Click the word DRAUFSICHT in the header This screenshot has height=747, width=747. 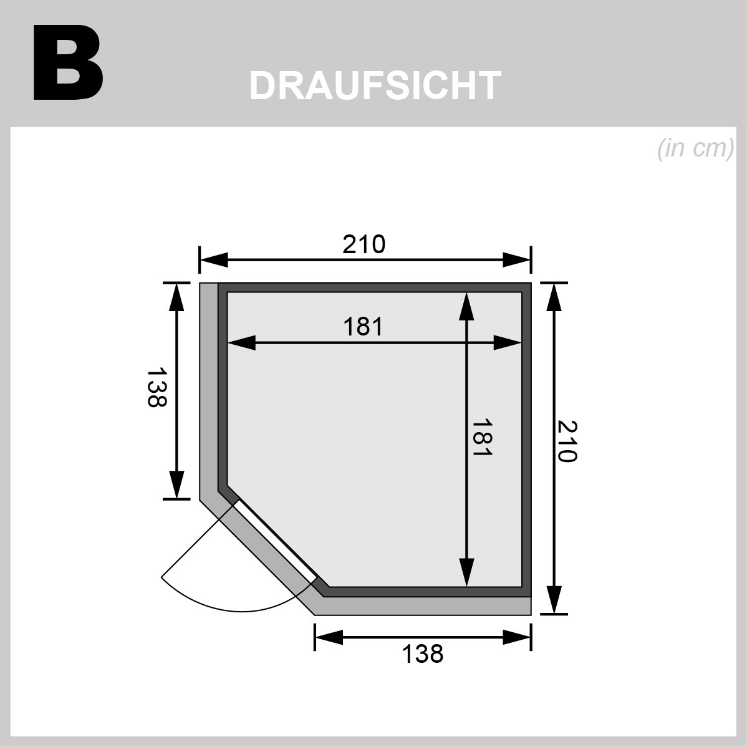click(375, 86)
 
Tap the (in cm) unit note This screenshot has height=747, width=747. click(695, 148)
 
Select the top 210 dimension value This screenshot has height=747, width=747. click(364, 244)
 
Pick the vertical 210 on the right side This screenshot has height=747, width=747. click(567, 441)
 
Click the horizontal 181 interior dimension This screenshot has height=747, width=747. click(363, 327)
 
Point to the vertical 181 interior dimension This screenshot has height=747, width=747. click(481, 437)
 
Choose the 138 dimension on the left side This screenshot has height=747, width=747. click(157, 387)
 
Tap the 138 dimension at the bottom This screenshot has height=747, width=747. click(423, 653)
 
